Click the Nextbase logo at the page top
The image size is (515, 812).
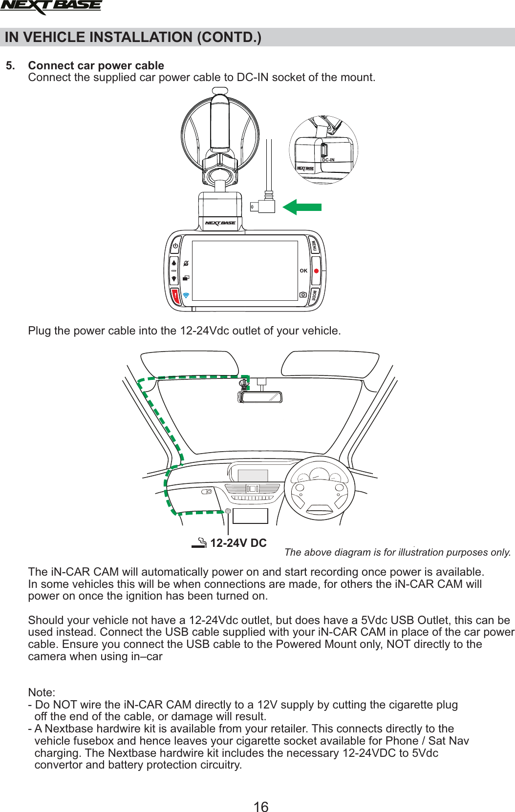(x=51, y=6)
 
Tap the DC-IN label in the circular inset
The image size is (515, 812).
(x=328, y=160)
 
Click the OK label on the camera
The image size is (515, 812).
(x=303, y=271)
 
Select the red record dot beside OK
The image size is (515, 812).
(x=316, y=271)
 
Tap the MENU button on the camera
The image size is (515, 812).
(x=315, y=246)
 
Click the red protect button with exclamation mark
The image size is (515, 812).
(x=175, y=296)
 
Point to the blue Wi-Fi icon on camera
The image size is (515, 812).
(x=186, y=296)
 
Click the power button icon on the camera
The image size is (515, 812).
(x=175, y=246)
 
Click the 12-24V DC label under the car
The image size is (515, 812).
(x=238, y=543)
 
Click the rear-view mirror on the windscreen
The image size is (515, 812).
(x=260, y=396)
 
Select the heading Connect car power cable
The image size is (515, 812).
(x=96, y=65)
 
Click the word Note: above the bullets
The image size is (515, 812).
(x=42, y=692)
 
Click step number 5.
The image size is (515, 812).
(x=10, y=65)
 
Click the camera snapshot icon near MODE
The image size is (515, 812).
(x=303, y=295)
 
